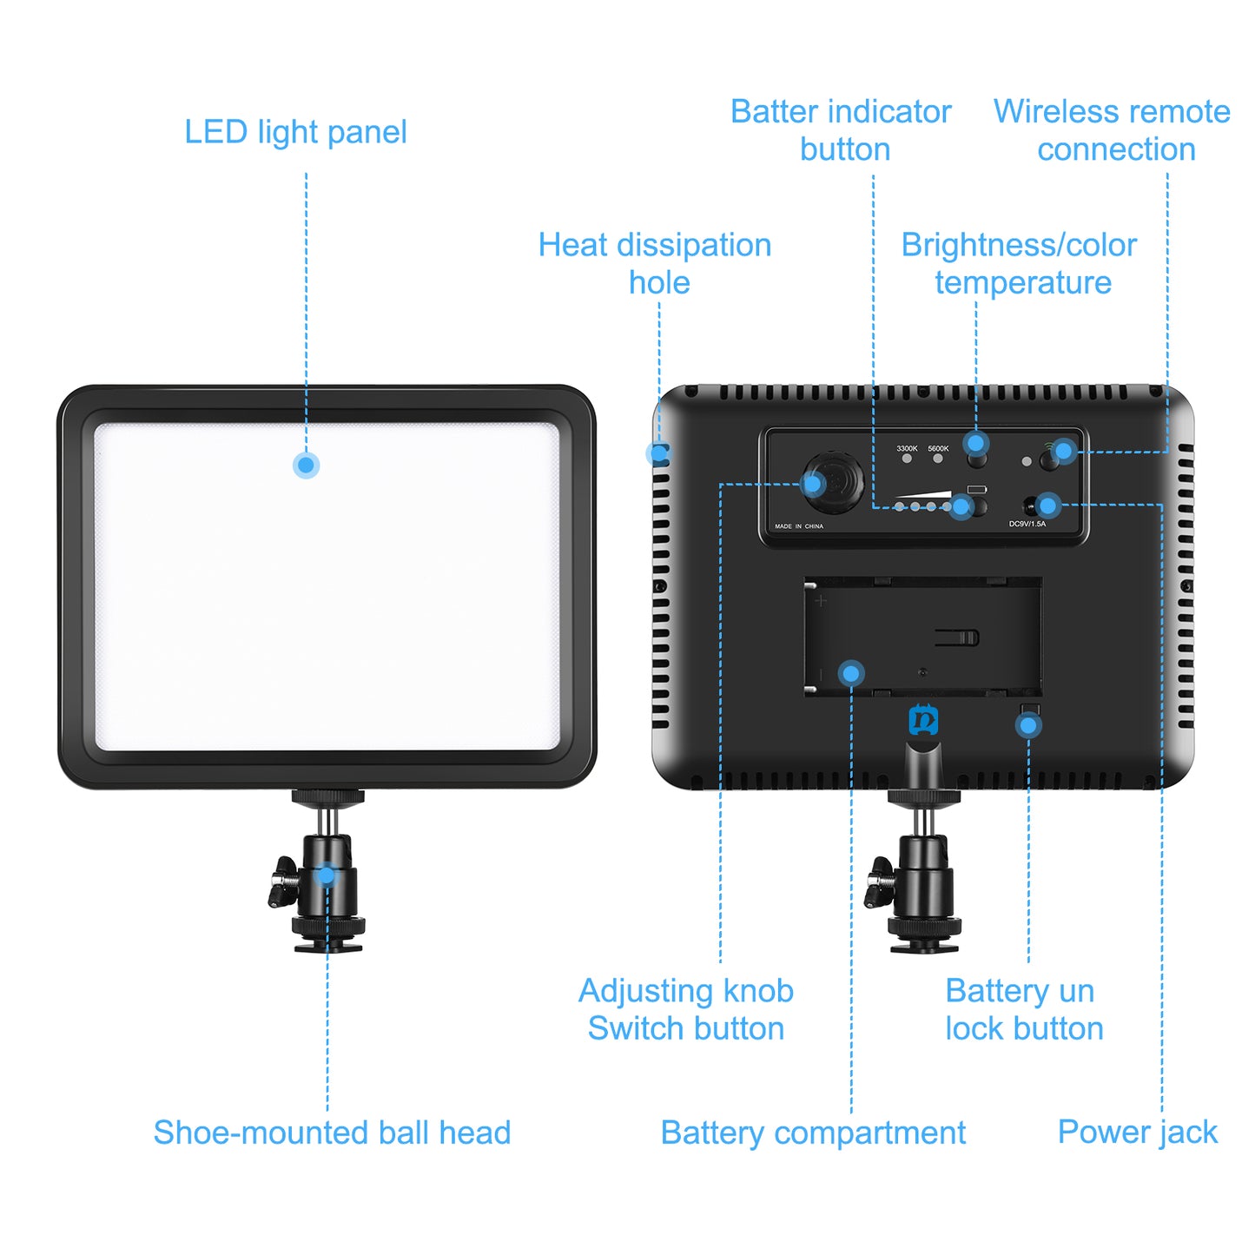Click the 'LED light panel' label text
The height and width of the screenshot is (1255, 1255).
(x=295, y=132)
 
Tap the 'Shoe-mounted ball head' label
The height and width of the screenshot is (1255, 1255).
(x=332, y=1133)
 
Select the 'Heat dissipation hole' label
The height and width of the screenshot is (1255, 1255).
(x=655, y=263)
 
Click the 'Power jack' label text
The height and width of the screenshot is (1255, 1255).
(x=1137, y=1132)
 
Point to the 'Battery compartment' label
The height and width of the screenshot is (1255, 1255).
(x=813, y=1133)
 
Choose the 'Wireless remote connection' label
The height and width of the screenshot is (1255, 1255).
(x=1112, y=130)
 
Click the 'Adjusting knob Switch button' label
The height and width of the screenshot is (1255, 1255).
(x=685, y=1009)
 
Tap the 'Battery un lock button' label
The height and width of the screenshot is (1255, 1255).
(x=1023, y=1009)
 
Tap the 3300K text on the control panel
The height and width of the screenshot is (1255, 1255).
(x=907, y=448)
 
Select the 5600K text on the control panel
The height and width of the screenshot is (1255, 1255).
(x=938, y=448)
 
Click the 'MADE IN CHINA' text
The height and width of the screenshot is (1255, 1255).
(x=798, y=526)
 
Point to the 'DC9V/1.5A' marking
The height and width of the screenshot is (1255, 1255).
(x=1027, y=524)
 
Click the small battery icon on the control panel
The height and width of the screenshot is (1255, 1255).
(x=977, y=488)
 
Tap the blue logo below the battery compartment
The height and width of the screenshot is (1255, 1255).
(x=923, y=720)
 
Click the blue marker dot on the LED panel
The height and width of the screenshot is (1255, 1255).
(x=306, y=466)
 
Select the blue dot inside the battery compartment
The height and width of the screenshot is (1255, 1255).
(x=851, y=673)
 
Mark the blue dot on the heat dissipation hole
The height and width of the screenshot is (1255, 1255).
(x=658, y=452)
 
